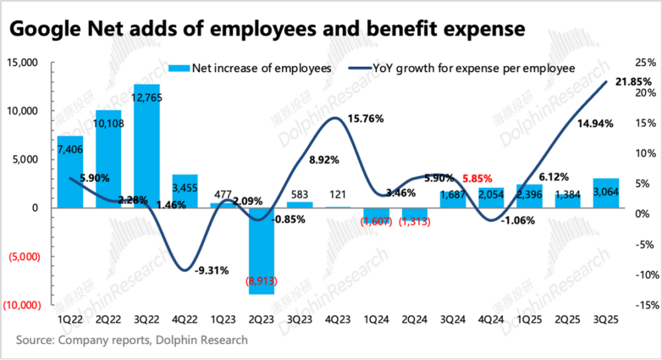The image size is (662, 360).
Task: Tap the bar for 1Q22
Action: [x=70, y=171]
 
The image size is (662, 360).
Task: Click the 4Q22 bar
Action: [x=185, y=191]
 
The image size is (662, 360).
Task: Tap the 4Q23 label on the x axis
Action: [x=338, y=319]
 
